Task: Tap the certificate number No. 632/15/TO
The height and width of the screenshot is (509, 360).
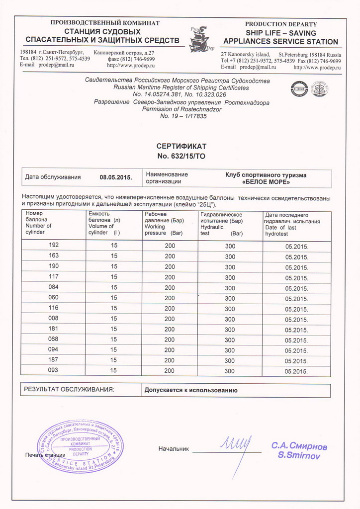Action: tap(181, 156)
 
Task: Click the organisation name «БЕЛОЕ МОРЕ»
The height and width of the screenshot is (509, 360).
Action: tap(266, 182)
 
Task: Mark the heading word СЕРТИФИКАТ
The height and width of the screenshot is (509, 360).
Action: tap(181, 147)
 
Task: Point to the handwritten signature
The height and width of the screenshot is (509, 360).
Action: tap(236, 448)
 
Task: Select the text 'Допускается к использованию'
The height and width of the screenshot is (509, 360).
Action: tap(191, 390)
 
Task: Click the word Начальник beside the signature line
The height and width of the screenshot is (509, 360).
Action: tap(174, 449)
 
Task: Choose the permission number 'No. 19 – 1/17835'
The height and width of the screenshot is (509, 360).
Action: tap(183, 116)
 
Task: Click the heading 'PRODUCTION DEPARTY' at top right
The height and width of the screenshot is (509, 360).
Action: tap(281, 24)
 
